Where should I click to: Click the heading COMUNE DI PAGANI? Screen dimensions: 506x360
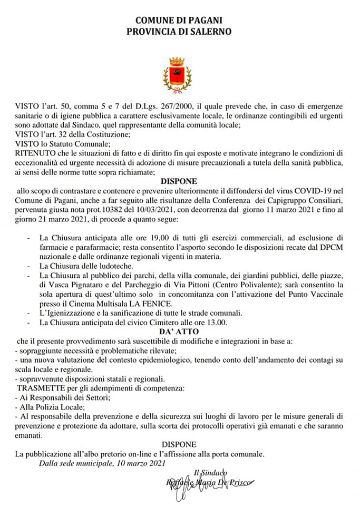pyautogui.click(x=179, y=20)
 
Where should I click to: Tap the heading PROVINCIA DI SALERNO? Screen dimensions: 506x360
pyautogui.click(x=179, y=31)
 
